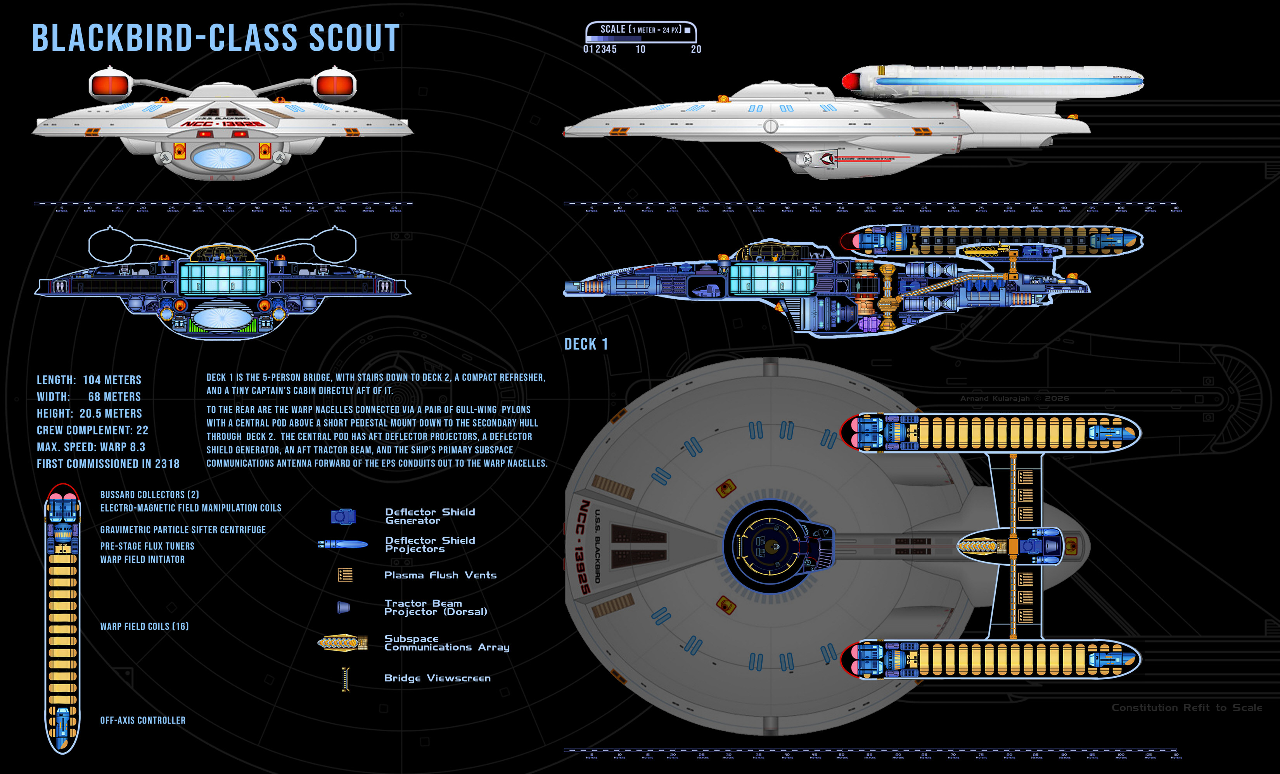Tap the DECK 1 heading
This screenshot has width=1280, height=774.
click(586, 344)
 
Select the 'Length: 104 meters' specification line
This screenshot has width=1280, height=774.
click(89, 380)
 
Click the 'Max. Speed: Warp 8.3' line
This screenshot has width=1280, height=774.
click(91, 447)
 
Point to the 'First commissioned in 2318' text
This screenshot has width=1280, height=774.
click(108, 464)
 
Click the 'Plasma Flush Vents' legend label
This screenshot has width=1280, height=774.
click(440, 575)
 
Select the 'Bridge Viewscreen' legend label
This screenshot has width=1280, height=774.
click(437, 678)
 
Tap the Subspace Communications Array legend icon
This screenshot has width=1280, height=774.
click(343, 643)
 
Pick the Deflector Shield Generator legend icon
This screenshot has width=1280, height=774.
click(343, 516)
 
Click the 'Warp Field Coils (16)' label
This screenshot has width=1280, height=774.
click(144, 626)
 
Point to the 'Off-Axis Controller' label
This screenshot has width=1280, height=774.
click(143, 720)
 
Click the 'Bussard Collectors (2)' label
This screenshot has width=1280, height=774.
click(150, 495)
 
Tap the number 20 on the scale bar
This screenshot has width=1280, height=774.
click(695, 49)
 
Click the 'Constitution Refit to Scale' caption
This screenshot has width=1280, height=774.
click(1187, 708)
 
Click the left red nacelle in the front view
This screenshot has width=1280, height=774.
click(110, 84)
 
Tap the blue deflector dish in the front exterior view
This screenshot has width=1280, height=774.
click(222, 156)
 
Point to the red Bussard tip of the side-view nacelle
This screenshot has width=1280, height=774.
click(849, 81)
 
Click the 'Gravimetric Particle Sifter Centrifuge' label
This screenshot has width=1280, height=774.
click(183, 530)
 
